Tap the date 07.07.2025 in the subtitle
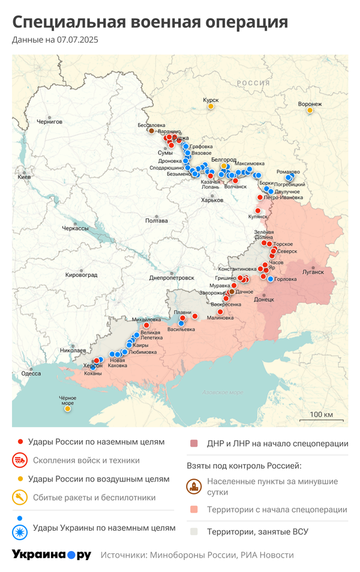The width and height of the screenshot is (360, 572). point(77,40)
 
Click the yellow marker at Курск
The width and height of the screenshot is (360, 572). point(211,107)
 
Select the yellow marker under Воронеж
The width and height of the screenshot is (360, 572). point(310,110)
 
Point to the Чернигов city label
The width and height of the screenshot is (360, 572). point(49,122)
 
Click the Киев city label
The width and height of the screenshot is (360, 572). point(25,177)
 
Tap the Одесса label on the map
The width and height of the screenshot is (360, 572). point(31,374)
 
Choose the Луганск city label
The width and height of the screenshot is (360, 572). point(313,272)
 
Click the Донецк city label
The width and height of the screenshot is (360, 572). point(264,299)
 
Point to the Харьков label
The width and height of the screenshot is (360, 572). point(212,200)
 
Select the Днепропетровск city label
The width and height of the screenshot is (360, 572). point(172,278)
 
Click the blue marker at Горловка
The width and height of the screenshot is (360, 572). point(271,279)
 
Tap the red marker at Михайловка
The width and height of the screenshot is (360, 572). point(146,326)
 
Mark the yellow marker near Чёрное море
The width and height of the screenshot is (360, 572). point(68,409)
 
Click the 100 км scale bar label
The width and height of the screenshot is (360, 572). point(321,415)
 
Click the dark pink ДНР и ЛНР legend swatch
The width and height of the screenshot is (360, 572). point(193,444)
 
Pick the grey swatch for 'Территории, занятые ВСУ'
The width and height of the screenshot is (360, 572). point(193,531)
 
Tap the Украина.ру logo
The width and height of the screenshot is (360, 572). point(52,555)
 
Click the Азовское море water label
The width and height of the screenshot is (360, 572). point(222,392)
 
